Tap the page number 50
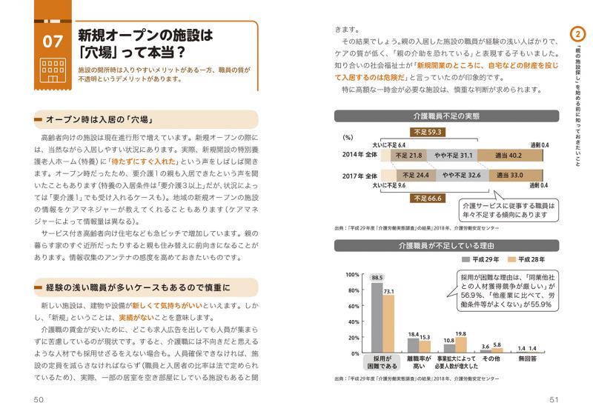click(x=39, y=400)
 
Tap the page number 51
click(x=554, y=400)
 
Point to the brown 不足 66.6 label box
click(x=429, y=199)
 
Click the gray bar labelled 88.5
click(x=377, y=319)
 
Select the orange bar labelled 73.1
click(x=388, y=324)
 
